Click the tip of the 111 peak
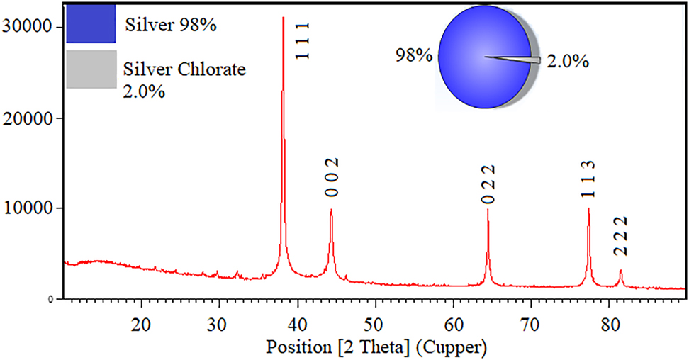pos(283,18)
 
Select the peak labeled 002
pos(331,210)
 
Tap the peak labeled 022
pos(488,210)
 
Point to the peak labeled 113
pos(588,209)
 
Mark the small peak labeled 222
pos(621,271)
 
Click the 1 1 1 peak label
pos(302,42)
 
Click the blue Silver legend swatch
pos(91,23)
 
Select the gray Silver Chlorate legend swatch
pos(91,69)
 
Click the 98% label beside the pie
pos(415,55)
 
